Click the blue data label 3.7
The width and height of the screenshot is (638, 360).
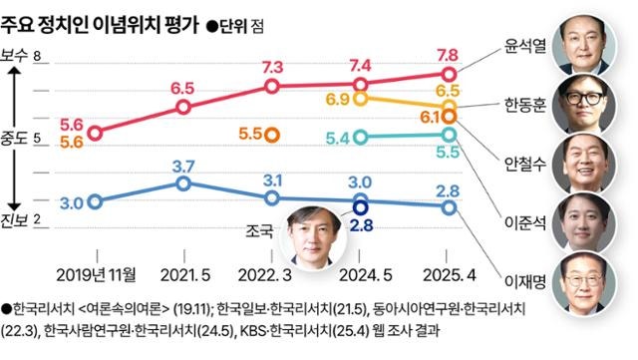181,165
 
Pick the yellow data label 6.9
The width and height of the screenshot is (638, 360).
338,99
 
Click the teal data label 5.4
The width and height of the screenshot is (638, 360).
338,138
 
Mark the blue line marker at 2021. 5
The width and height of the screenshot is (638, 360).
182,183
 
